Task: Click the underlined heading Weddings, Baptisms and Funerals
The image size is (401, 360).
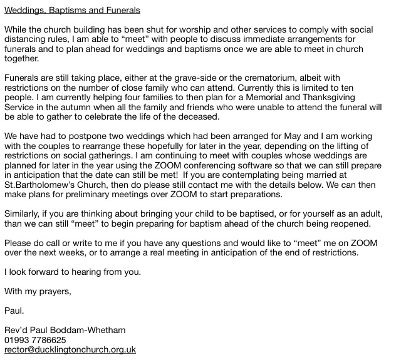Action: tap(72, 11)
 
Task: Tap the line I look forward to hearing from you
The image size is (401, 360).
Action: tap(72, 272)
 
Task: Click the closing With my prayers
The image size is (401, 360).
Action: tap(38, 291)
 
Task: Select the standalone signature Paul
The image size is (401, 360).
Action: tap(14, 311)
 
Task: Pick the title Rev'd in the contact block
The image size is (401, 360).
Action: tap(16, 330)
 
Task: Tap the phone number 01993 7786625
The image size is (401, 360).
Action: tap(34, 340)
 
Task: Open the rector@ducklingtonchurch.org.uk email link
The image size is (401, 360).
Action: tap(70, 349)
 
